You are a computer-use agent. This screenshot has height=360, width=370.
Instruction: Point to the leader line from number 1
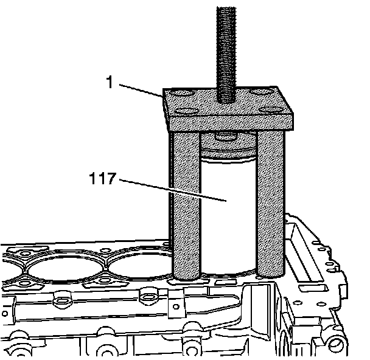[x=140, y=90]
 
